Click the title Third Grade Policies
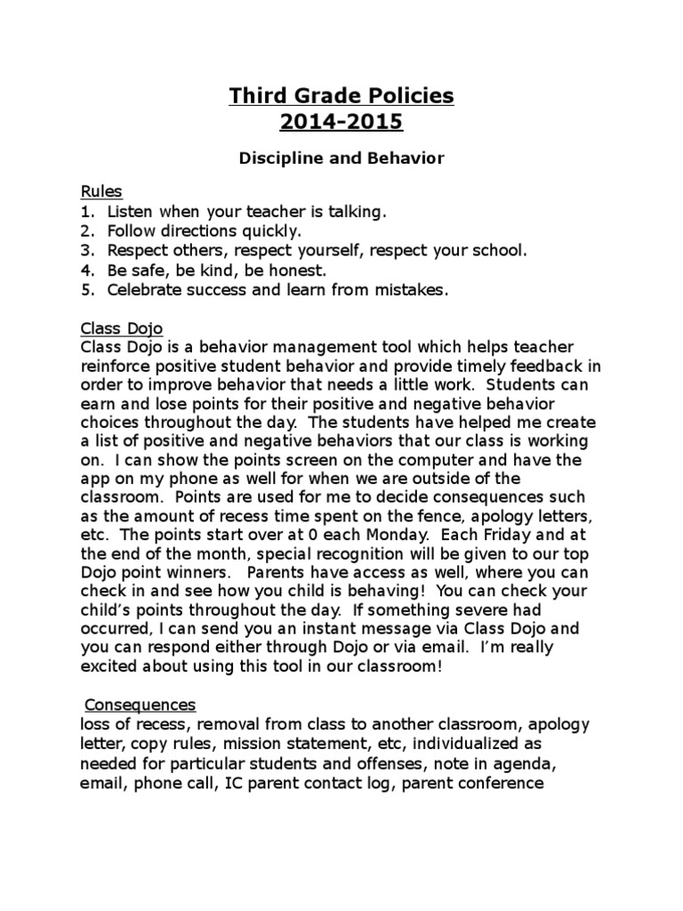pos(341,96)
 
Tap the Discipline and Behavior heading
pos(341,158)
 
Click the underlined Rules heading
pos(101,191)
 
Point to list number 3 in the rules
pos(86,250)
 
